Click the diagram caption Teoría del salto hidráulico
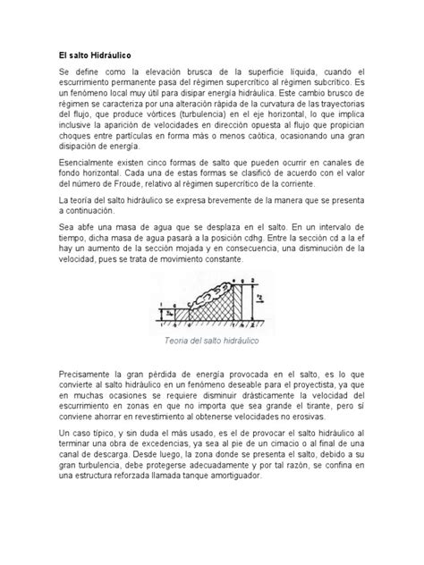(211, 341)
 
